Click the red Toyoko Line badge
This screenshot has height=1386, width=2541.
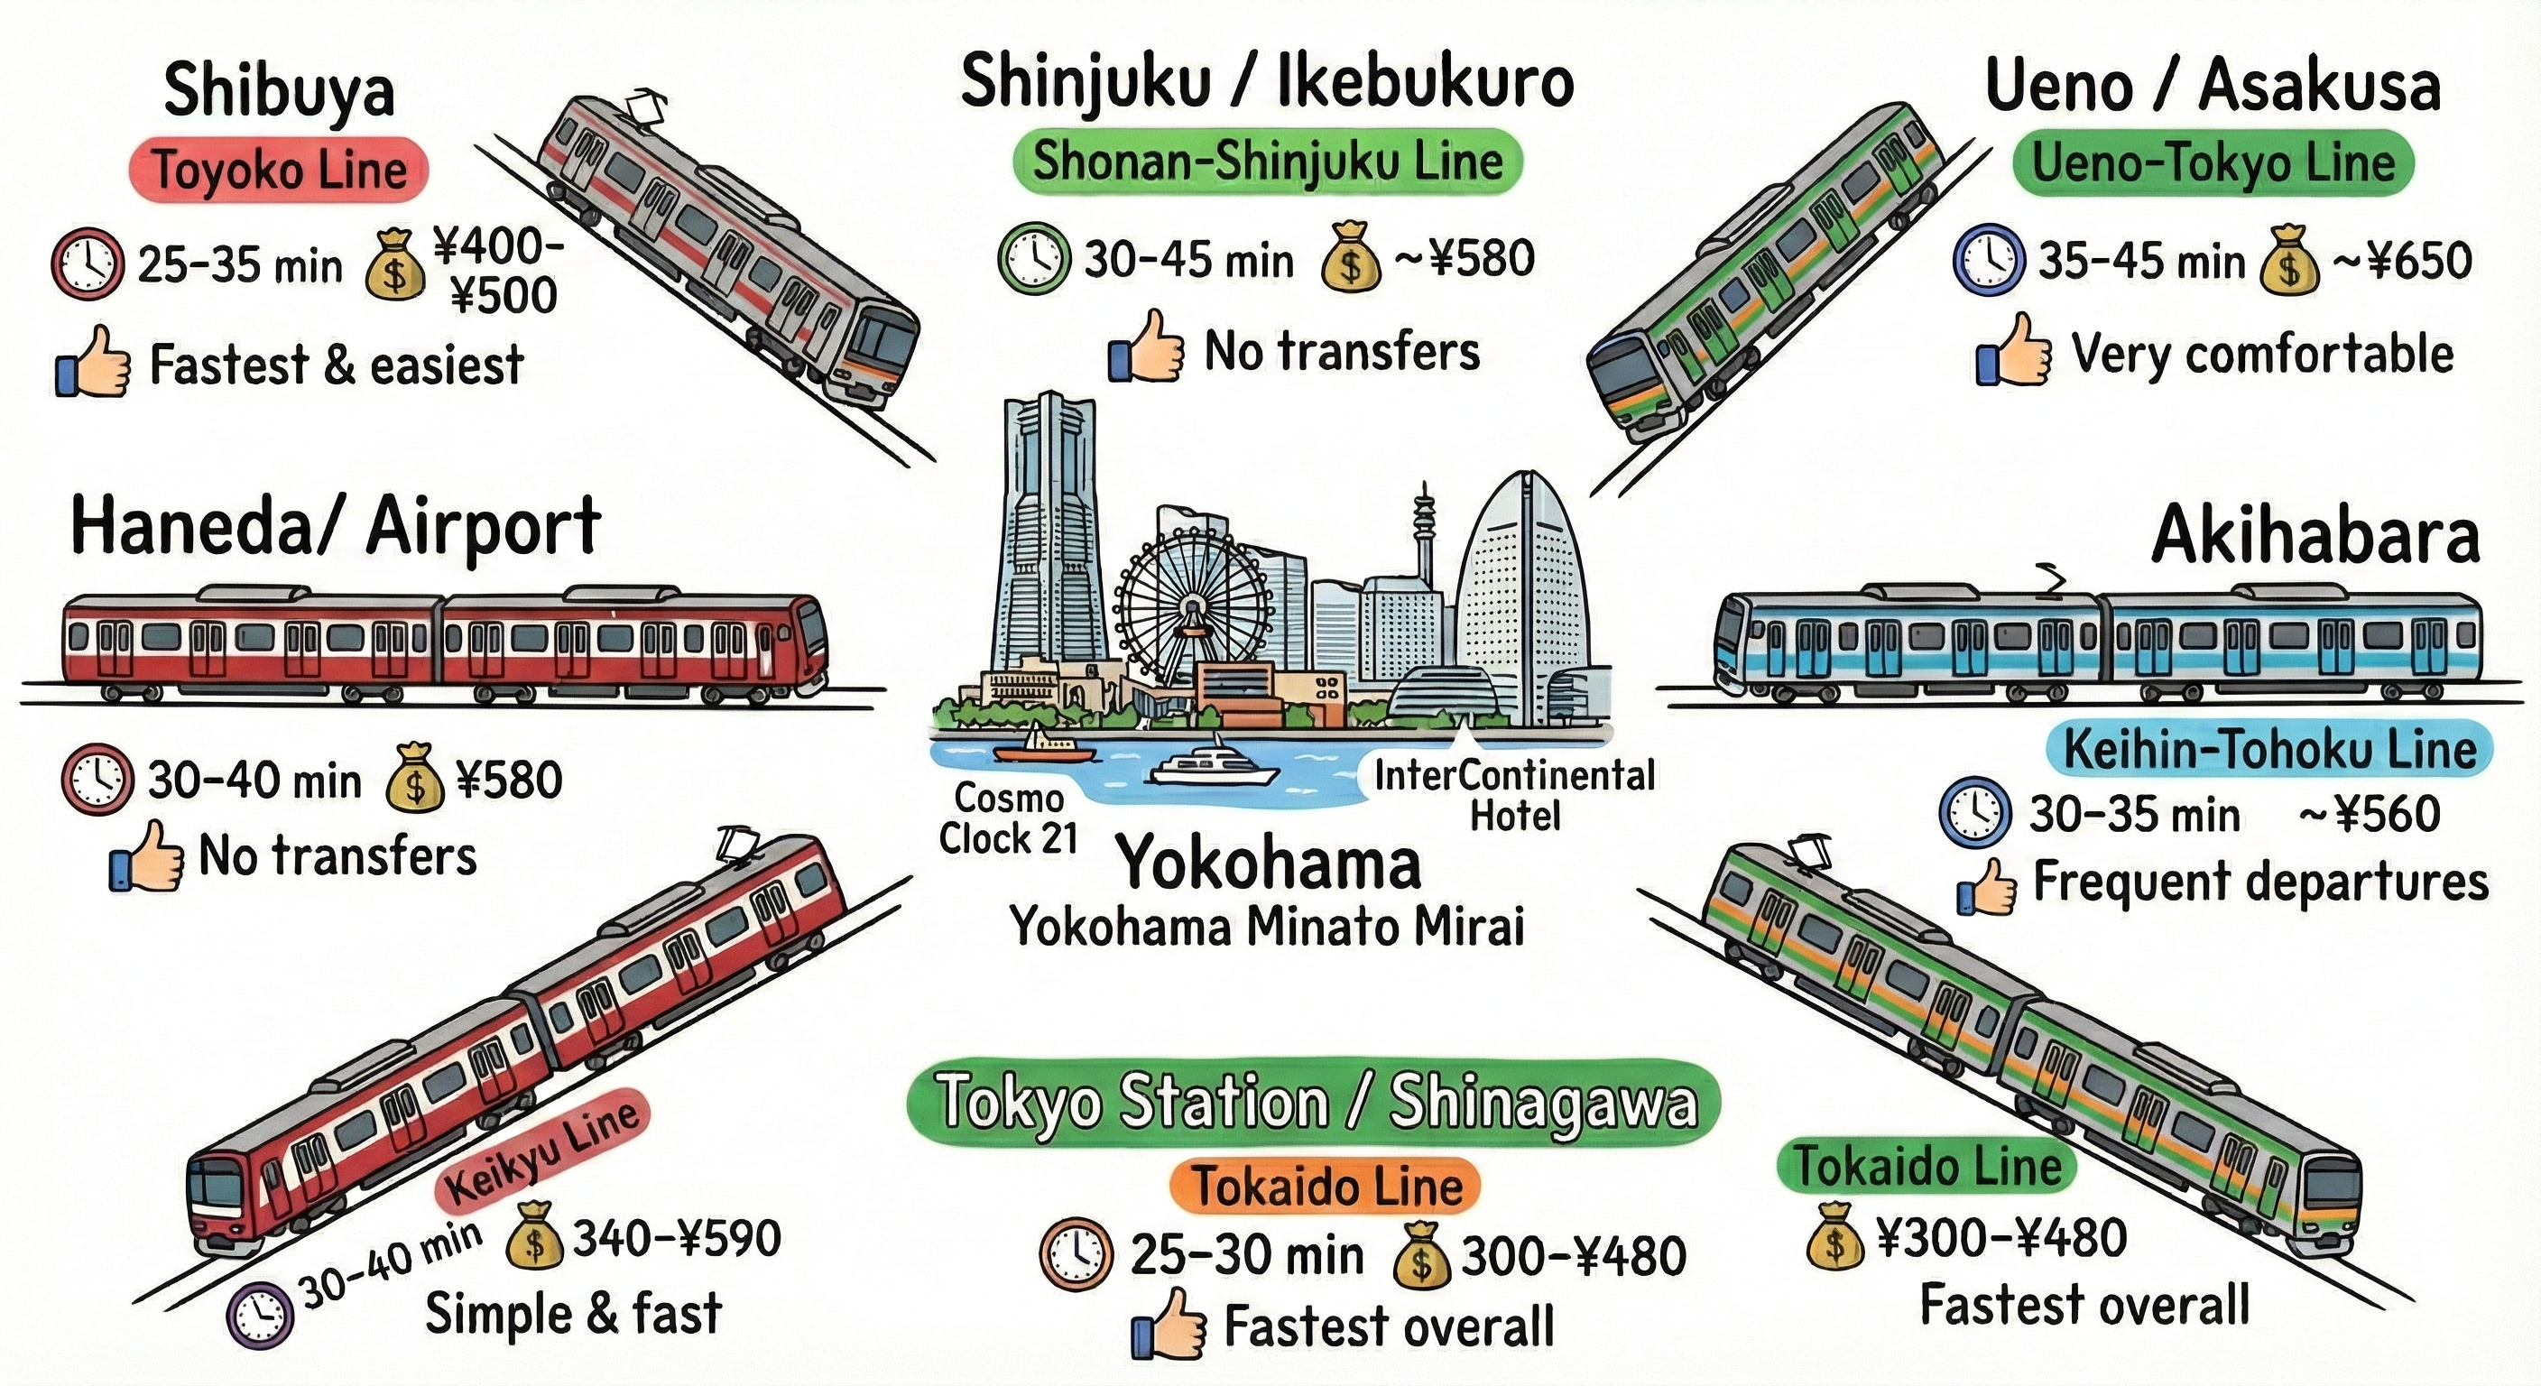[279, 171]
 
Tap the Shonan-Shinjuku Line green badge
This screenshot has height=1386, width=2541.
[1268, 161]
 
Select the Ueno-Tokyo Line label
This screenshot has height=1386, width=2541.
[2213, 162]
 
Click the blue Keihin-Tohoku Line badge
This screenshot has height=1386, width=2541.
[2268, 750]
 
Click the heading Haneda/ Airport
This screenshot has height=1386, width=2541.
[336, 528]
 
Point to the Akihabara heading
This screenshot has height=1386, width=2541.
[2315, 536]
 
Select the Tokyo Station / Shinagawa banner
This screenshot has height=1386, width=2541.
[1314, 1102]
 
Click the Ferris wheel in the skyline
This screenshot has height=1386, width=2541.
[1194, 603]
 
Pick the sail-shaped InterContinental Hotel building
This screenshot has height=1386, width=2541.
[1522, 592]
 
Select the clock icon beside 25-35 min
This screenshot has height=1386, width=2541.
[87, 264]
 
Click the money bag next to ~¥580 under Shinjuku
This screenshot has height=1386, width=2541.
[1352, 257]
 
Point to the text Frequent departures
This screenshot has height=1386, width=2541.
[2259, 881]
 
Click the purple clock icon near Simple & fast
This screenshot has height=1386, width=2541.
[261, 1315]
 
